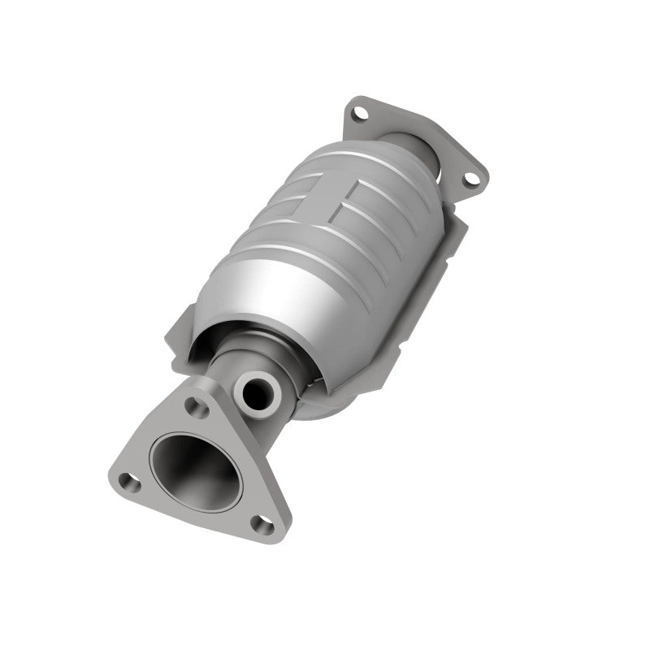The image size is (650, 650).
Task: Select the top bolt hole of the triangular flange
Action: click(x=192, y=404)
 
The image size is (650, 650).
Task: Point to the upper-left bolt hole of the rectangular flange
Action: click(x=357, y=115)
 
